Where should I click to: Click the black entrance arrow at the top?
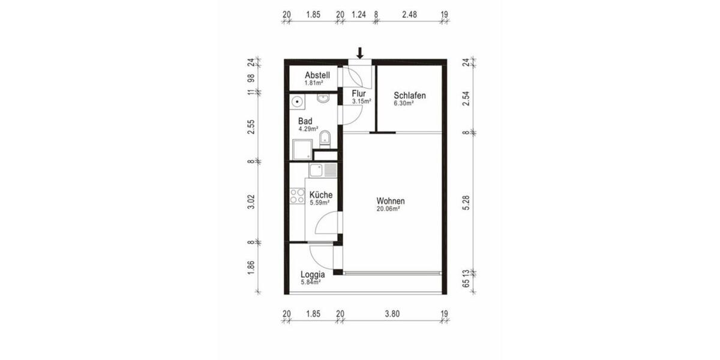pos(360,53)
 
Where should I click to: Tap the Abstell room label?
pos(317,75)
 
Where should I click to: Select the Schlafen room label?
pos(409,95)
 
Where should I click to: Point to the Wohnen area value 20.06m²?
pos(388,209)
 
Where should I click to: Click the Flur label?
pos(359,94)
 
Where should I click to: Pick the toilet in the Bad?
pos(325,139)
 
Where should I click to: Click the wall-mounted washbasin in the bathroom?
pos(323,98)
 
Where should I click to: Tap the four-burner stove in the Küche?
pos(297,196)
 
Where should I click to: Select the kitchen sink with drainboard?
pos(323,170)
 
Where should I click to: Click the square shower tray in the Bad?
pos(302,149)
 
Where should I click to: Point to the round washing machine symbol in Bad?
pos(297,102)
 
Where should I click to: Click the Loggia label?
pos(313,275)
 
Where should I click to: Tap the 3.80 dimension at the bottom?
pos(392,314)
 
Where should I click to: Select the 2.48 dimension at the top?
pos(409,14)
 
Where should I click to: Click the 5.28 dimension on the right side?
pos(466,203)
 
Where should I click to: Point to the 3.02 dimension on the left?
pos(251,202)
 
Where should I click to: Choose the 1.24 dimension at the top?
pos(359,14)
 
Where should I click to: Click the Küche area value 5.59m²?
pos(319,203)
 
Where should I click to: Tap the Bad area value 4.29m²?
pos(308,129)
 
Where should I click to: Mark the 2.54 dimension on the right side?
pos(466,98)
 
